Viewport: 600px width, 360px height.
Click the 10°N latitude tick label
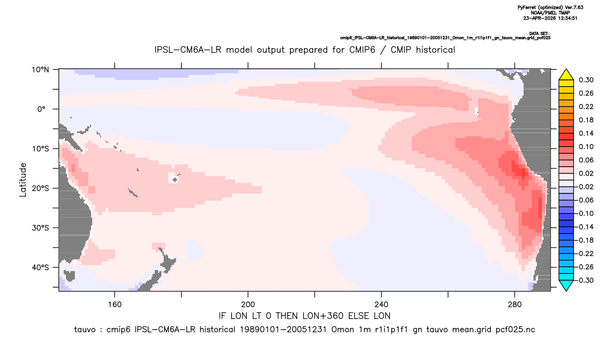[x=40, y=70]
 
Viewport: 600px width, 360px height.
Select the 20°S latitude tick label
[x=40, y=188]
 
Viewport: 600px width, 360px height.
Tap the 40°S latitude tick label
[x=40, y=267]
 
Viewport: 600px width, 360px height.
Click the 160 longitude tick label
[x=115, y=305]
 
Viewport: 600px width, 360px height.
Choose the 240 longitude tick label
[x=381, y=305]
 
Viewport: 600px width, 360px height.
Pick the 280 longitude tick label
[x=515, y=305]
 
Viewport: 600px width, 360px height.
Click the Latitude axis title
[x=23, y=180]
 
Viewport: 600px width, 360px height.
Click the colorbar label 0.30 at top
[x=586, y=80]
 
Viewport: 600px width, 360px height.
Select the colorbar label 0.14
[x=586, y=134]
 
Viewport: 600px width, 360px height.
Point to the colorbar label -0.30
[x=584, y=280]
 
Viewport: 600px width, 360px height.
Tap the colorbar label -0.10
[x=584, y=214]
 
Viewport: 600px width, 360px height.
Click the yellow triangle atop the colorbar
[x=566, y=75]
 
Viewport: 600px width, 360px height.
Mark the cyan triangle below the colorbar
[x=566, y=285]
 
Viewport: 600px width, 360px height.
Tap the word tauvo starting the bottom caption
[x=85, y=330]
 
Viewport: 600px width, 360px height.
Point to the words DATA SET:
[x=539, y=34]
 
